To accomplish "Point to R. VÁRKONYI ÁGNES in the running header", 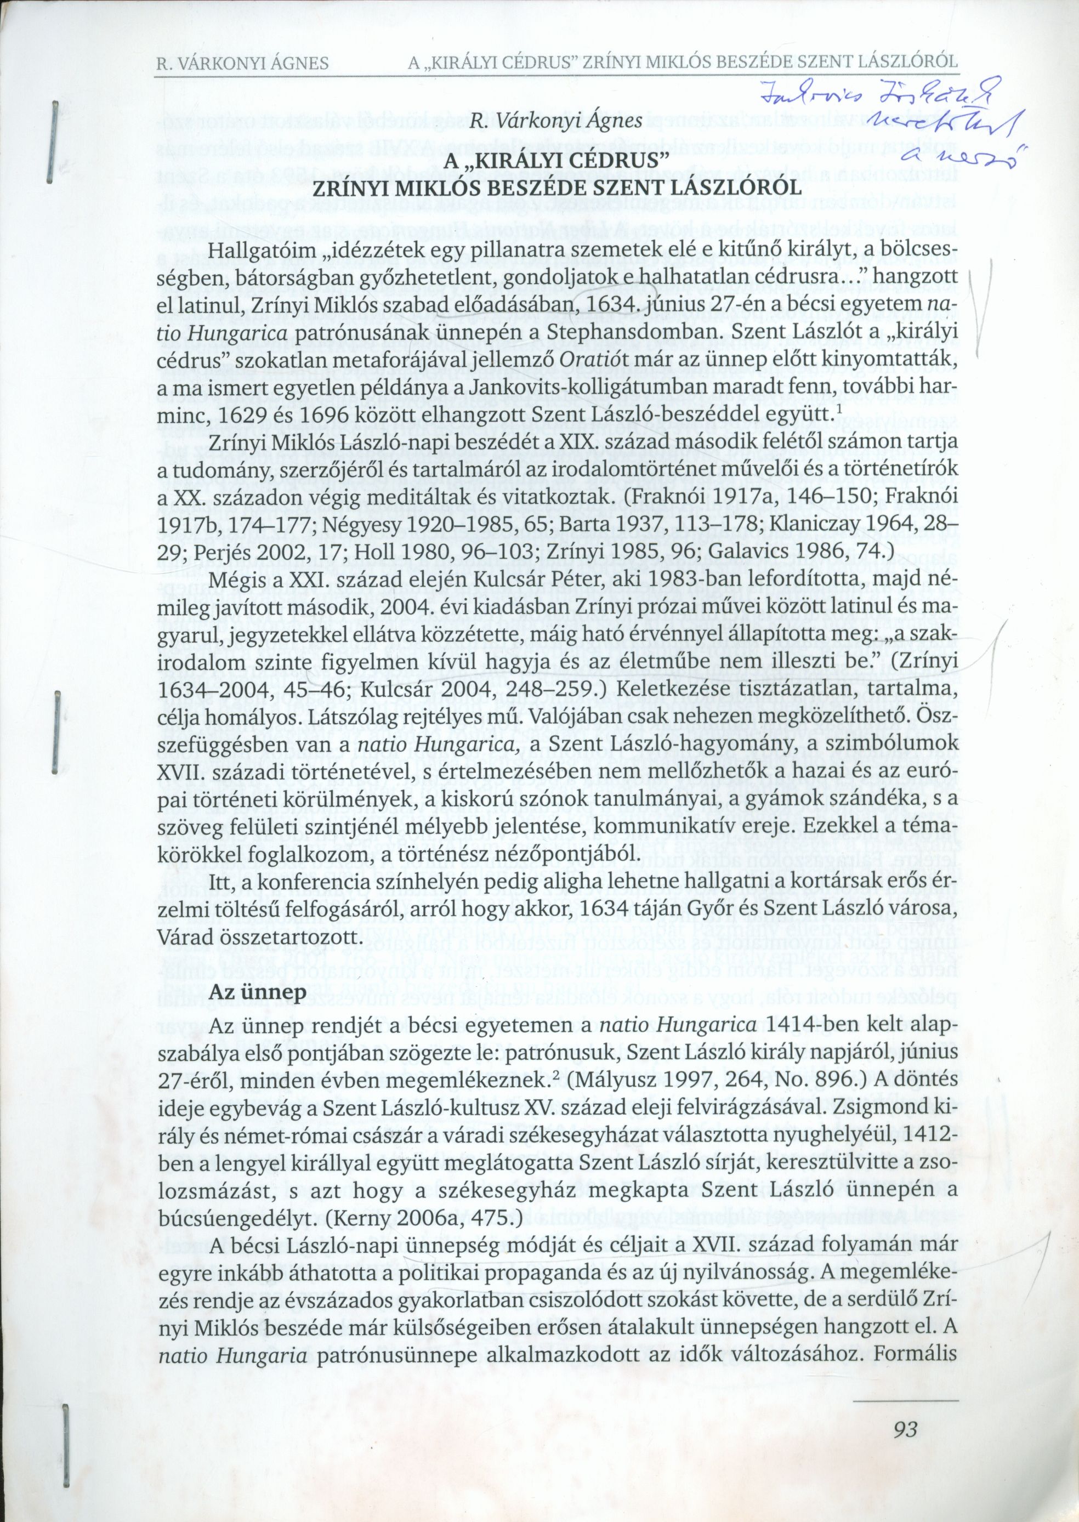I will [x=242, y=64].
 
